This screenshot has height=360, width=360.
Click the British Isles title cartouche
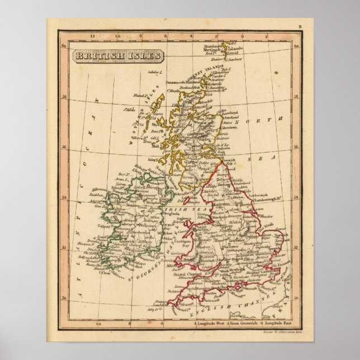tap(117, 56)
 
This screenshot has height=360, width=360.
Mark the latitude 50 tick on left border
tap(64, 297)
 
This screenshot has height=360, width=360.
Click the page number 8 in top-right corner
tap(300, 26)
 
